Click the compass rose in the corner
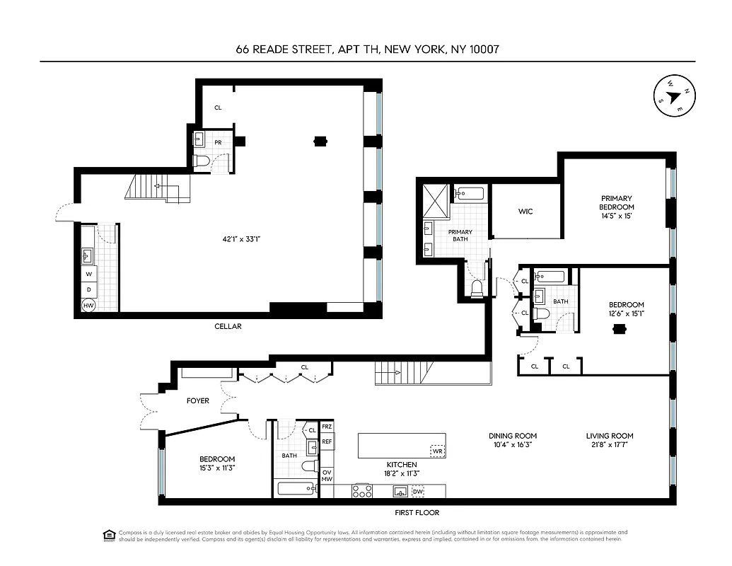[x=673, y=96]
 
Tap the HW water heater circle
[x=89, y=306]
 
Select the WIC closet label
[x=525, y=212]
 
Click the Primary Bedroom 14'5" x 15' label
[x=617, y=207]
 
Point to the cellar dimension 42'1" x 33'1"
[x=242, y=239]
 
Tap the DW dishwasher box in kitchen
[x=418, y=491]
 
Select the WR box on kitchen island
[x=438, y=450]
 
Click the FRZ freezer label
[x=327, y=427]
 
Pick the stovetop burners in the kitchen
[x=363, y=490]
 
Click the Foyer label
[x=197, y=400]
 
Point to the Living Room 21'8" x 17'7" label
[x=609, y=440]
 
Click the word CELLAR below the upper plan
[x=228, y=326]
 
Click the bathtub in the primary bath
[x=470, y=193]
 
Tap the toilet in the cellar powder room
[x=202, y=161]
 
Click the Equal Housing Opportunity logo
[x=109, y=534]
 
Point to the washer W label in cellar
[x=89, y=273]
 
